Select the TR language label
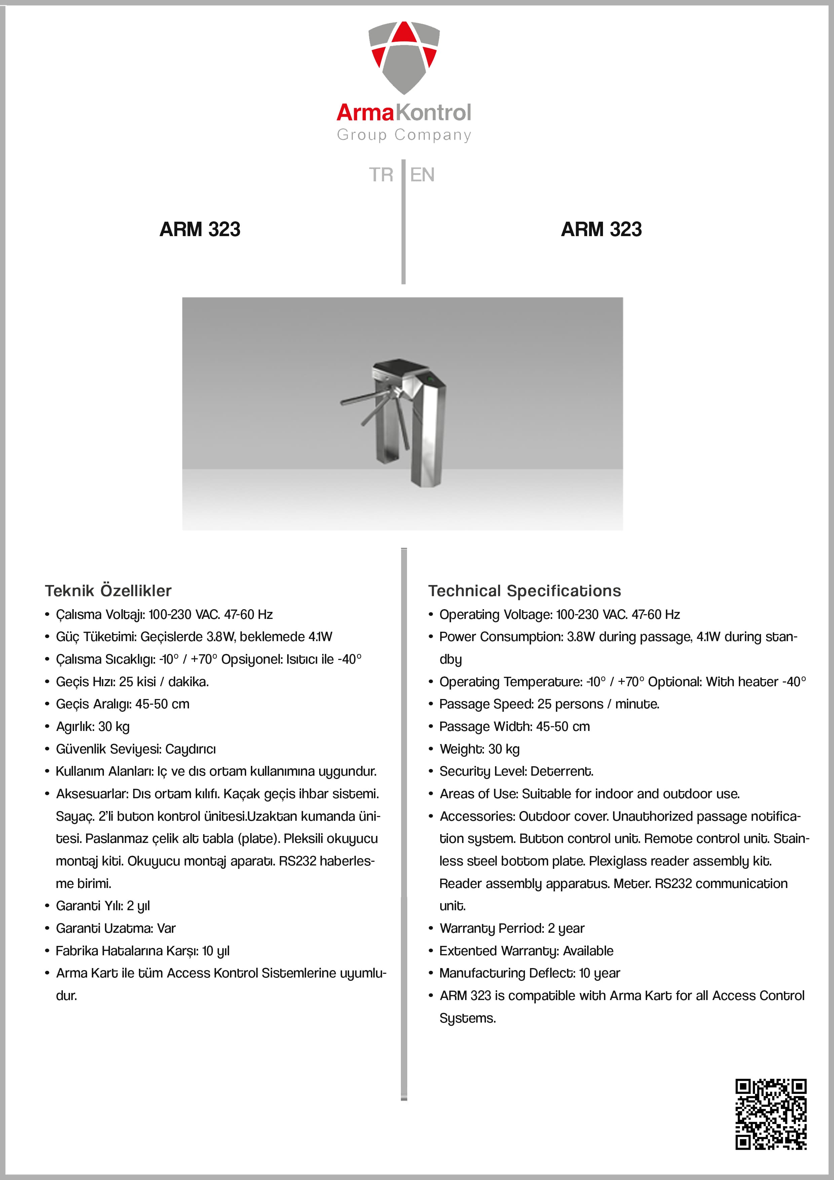tap(381, 175)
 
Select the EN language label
tap(422, 175)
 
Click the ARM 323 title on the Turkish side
tap(200, 229)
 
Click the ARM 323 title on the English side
tap(601, 229)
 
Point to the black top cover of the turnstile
tap(398, 366)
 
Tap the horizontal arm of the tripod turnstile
tap(362, 397)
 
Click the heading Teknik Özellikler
tap(108, 591)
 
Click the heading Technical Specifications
tap(525, 591)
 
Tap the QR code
tap(771, 1114)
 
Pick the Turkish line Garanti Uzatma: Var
tap(116, 928)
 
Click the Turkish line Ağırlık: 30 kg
tap(92, 727)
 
